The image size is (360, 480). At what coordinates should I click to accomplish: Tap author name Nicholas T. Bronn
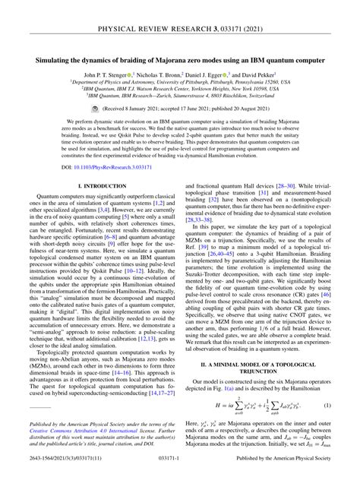tap(162, 75)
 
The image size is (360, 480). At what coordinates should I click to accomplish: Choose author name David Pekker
tap(266, 75)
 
